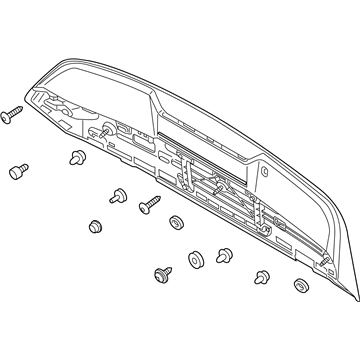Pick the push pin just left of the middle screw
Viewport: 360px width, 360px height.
click(120, 196)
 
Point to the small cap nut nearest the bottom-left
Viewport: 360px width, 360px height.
click(97, 225)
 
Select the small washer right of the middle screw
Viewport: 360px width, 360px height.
click(176, 222)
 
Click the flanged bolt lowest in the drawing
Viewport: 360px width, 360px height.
click(159, 273)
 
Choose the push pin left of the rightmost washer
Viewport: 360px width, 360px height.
click(262, 277)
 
